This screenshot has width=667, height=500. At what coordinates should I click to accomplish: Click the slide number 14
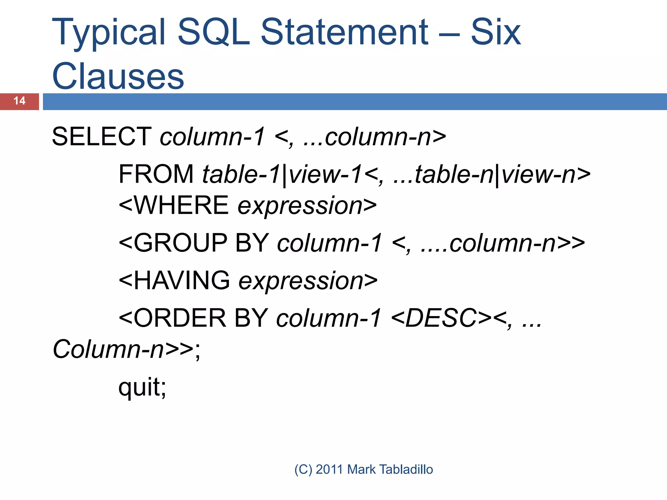tap(20, 101)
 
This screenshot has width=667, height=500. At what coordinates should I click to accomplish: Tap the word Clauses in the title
tap(118, 76)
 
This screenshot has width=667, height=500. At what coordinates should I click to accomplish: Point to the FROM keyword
tap(156, 174)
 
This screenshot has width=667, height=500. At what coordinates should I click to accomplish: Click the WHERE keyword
tap(181, 205)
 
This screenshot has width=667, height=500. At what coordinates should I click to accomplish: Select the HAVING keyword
tap(182, 280)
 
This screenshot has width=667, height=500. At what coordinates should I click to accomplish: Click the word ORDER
tap(180, 318)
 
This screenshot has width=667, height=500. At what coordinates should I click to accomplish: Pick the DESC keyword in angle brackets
tap(441, 318)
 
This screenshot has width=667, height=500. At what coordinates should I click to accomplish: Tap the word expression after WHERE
tap(300, 206)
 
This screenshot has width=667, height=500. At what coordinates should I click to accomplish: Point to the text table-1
tap(241, 174)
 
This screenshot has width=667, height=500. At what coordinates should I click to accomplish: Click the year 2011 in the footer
tap(329, 469)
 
